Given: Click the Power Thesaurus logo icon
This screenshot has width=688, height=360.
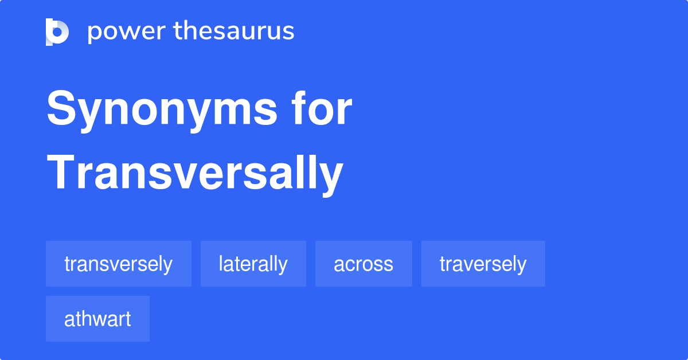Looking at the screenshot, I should pos(57,32).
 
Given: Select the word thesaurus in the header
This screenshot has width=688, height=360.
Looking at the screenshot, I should pos(234,32).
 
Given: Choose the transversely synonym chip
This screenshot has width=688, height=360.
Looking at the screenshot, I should pos(119,264).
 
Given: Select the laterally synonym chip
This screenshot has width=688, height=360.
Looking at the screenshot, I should pos(253,264).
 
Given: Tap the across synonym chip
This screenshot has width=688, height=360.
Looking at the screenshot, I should pos(363,264).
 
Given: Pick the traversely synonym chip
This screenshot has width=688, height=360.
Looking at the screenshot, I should pos(483,264).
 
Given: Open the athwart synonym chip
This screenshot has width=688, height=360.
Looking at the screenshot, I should pos(97,319).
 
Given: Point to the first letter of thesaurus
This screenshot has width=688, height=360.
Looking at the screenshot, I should pos(178,32).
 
